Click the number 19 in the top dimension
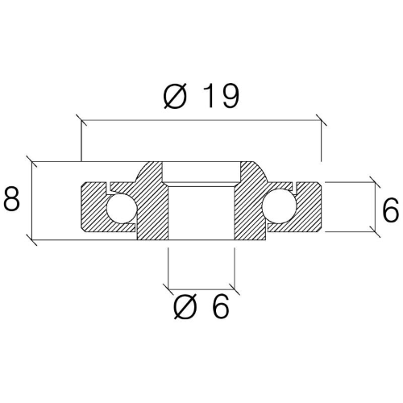point(219,96)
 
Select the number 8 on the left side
point(11,199)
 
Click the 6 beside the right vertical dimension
point(390,210)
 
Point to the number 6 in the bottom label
point(219,306)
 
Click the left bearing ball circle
point(122,209)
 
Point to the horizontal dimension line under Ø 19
point(201,122)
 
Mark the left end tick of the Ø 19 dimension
point(81,122)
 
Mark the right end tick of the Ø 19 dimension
point(321,122)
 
